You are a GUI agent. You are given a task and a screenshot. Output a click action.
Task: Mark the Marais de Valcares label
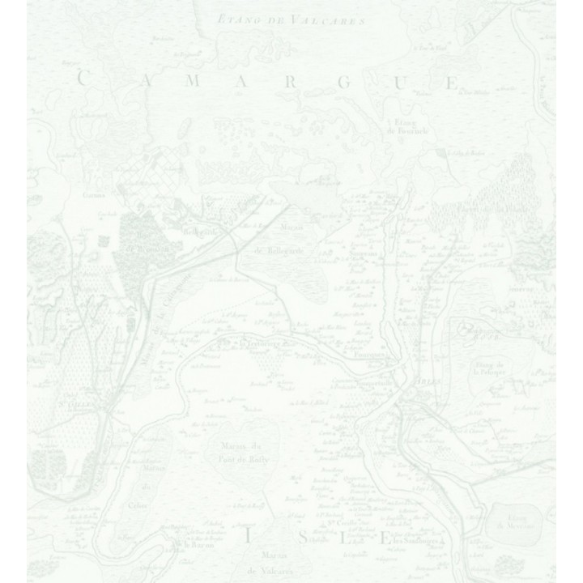tap(274, 560)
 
